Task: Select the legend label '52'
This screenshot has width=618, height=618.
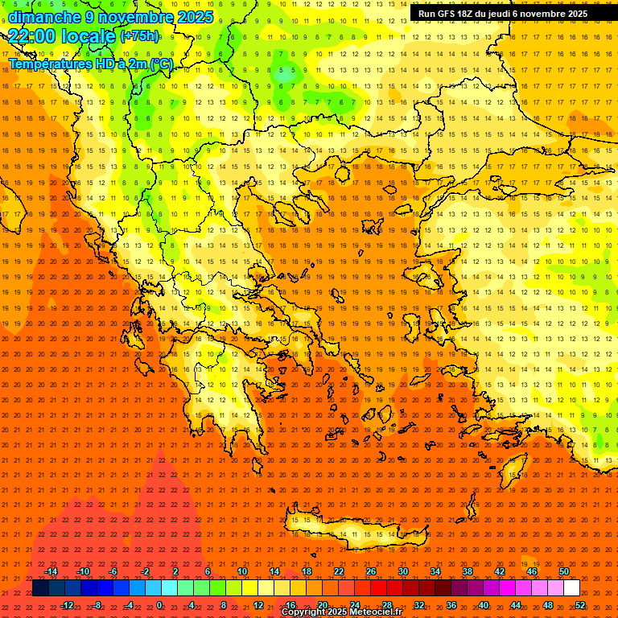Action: [x=580, y=605]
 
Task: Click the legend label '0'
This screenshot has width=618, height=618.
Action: [x=159, y=605]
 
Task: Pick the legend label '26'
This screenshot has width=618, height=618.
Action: [x=371, y=571]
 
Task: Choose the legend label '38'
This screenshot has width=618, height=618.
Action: [x=468, y=571]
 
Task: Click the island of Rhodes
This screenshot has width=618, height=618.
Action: [x=513, y=467]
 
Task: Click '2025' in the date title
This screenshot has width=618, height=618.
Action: [x=194, y=17]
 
